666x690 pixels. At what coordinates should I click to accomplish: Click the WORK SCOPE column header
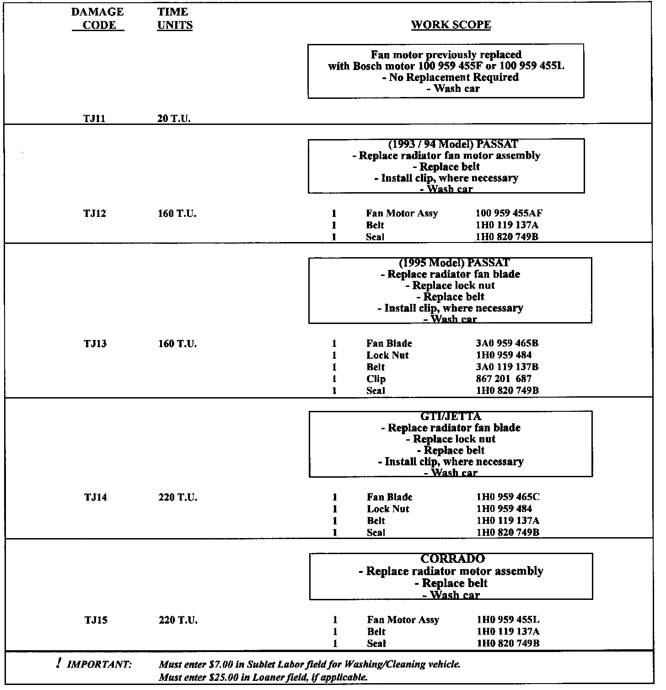pyautogui.click(x=451, y=25)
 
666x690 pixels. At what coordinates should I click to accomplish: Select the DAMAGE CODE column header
pyautogui.click(x=97, y=18)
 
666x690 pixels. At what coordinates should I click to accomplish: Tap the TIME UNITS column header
pyautogui.click(x=174, y=18)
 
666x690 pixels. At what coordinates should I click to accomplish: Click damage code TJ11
pyautogui.click(x=94, y=119)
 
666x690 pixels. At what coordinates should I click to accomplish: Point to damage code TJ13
pyautogui.click(x=95, y=344)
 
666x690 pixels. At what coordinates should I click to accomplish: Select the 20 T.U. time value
pyautogui.click(x=174, y=119)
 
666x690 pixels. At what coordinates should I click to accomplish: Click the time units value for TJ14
pyautogui.click(x=178, y=497)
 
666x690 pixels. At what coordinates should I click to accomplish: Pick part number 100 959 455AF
pyautogui.click(x=509, y=213)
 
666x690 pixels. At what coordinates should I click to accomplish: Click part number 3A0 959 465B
pyautogui.click(x=507, y=344)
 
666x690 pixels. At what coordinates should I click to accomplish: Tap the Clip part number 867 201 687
pyautogui.click(x=503, y=379)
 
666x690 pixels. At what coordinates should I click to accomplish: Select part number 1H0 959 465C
pyautogui.click(x=508, y=497)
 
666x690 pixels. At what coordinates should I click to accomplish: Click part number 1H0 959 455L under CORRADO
pyautogui.click(x=508, y=620)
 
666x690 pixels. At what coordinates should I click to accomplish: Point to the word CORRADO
pyautogui.click(x=452, y=559)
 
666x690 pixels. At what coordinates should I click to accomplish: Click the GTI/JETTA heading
pyautogui.click(x=451, y=417)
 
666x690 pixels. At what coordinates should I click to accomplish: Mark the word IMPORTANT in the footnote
pyautogui.click(x=99, y=665)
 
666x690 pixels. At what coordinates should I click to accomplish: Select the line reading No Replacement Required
pyautogui.click(x=451, y=77)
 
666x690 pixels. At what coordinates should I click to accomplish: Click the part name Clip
pyautogui.click(x=376, y=379)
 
